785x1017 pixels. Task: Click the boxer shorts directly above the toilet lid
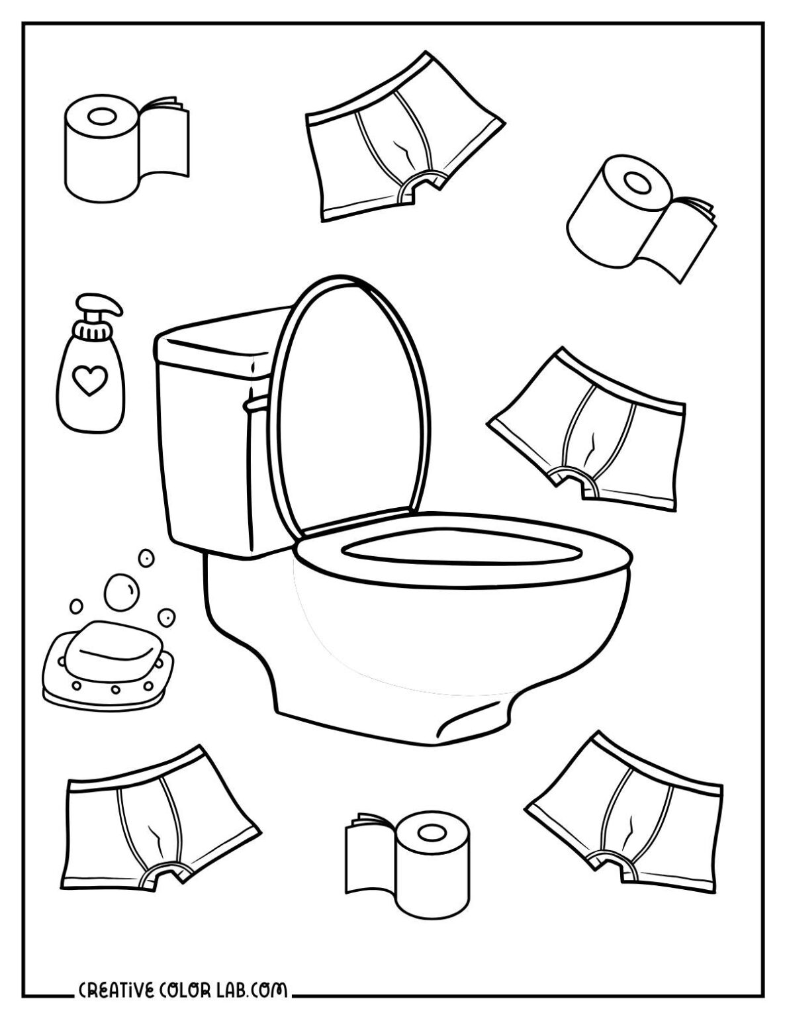pyautogui.click(x=397, y=132)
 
